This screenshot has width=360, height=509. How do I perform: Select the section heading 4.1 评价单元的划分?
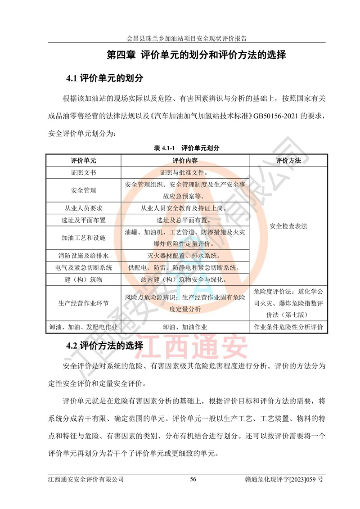pyautogui.click(x=104, y=78)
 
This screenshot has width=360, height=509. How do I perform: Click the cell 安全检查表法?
pyautogui.click(x=288, y=226)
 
